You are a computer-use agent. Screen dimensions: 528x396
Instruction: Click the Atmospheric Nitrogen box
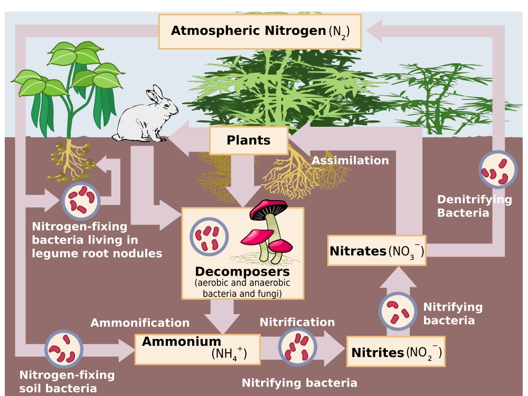[260, 32]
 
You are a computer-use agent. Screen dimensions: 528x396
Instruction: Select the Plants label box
[249, 140]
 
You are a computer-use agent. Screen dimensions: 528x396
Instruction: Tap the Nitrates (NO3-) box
[377, 250]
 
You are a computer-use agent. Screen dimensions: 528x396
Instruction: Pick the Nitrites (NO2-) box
[396, 352]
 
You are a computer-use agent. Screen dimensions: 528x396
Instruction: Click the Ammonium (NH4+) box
[197, 349]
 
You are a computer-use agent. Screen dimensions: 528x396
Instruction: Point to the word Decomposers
[242, 271]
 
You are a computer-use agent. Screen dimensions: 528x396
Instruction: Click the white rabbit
[146, 115]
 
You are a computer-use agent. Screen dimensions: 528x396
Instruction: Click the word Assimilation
[350, 161]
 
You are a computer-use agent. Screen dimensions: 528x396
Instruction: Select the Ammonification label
[140, 323]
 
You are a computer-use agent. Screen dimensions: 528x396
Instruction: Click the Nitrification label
[297, 322]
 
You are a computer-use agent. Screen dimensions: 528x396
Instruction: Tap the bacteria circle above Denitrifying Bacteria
[498, 169]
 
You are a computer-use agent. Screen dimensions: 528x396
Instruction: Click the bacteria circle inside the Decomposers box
[209, 237]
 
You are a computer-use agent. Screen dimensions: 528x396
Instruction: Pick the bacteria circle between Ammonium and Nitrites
[297, 347]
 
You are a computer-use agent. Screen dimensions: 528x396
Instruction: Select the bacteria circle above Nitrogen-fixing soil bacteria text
[64, 349]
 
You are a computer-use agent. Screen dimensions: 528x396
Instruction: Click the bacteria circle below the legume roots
[81, 201]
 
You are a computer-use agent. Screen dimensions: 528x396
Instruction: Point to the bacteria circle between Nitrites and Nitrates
[398, 311]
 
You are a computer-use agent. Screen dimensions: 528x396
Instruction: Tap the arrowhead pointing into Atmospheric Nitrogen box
[374, 31]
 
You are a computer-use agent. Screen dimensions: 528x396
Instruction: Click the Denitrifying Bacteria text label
[475, 206]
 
